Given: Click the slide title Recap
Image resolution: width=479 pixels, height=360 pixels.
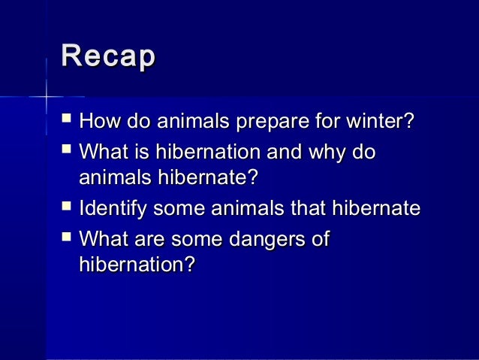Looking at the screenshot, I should click(x=108, y=59).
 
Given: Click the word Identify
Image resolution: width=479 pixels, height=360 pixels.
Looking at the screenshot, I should click(x=109, y=208).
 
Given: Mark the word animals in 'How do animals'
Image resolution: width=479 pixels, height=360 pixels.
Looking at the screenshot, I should click(x=185, y=122).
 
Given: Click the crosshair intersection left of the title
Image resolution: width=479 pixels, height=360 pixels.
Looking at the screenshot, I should click(x=45, y=96).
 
